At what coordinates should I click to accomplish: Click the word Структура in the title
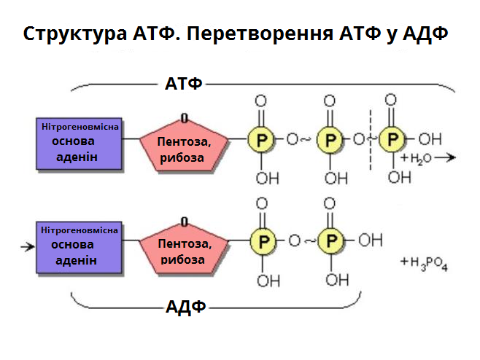[x=66, y=34]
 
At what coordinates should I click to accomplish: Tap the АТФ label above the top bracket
[x=184, y=83]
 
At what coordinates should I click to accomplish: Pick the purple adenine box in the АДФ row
[x=80, y=245]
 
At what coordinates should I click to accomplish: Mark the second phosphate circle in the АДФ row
[x=331, y=240]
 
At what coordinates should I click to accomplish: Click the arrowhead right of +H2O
[x=452, y=157]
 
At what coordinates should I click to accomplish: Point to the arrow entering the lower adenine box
[x=28, y=246]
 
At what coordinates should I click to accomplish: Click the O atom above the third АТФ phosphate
[x=391, y=101]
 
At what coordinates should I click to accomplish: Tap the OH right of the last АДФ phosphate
[x=371, y=240]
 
